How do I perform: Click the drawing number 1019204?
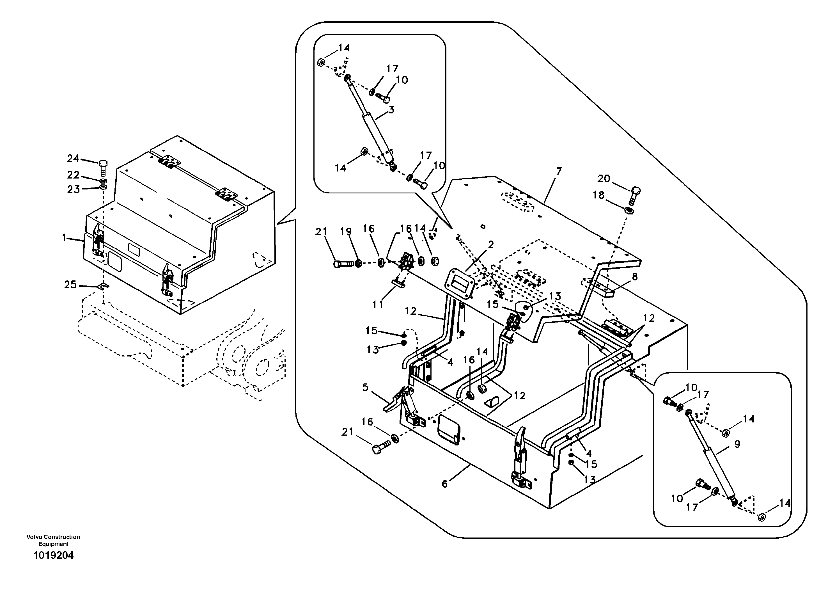click(x=54, y=555)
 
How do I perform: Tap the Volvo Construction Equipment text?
click(x=54, y=541)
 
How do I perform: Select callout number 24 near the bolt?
click(x=73, y=158)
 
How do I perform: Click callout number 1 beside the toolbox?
click(x=64, y=238)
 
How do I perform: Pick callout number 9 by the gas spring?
click(x=737, y=444)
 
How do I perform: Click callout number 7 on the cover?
click(x=559, y=171)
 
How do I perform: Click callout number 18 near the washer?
click(x=598, y=195)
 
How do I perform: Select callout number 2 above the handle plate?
click(x=491, y=245)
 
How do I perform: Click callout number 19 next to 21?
click(x=346, y=231)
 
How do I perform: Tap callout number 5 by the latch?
click(x=366, y=387)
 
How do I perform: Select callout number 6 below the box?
click(x=444, y=484)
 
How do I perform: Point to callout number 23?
click(x=74, y=189)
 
